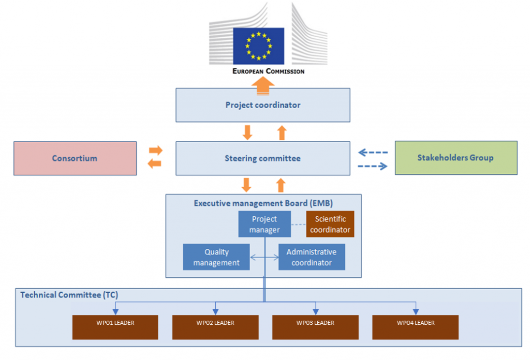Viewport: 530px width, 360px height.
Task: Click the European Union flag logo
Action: (258, 46)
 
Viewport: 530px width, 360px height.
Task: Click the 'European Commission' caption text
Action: (268, 71)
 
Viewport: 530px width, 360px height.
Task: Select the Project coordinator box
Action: (262, 105)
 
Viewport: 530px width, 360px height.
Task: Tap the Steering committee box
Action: (262, 158)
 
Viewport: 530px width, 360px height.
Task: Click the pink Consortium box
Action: (75, 158)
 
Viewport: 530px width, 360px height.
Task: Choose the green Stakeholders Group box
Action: (455, 158)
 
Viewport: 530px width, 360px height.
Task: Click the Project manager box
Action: (264, 224)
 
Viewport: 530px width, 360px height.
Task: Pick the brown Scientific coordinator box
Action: (330, 224)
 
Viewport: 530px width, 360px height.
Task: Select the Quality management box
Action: (216, 257)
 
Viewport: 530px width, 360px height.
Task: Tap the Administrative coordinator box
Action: (312, 257)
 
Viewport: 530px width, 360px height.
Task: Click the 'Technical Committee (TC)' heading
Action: (69, 295)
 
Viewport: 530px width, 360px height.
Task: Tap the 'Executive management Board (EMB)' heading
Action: (263, 203)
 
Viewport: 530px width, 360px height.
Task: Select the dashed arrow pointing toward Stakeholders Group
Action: (373, 166)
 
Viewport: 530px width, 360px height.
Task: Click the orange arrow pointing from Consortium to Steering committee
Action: (155, 151)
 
